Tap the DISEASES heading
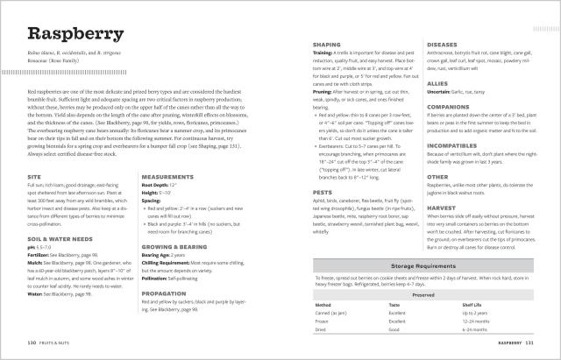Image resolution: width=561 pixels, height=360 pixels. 443,44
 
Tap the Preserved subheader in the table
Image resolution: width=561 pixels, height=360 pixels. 430,294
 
